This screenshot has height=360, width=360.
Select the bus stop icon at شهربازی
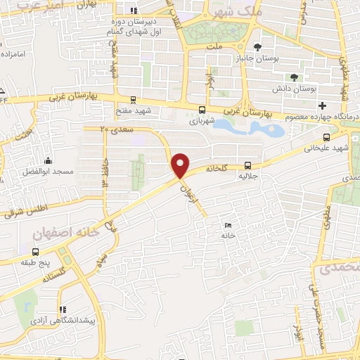point(202,109)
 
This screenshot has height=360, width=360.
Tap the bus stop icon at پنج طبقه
point(35,251)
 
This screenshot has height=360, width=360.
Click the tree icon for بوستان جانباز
point(259,47)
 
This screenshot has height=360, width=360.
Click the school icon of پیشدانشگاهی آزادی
point(63,309)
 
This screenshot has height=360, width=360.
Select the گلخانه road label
point(218,169)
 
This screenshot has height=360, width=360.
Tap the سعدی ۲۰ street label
point(113,129)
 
